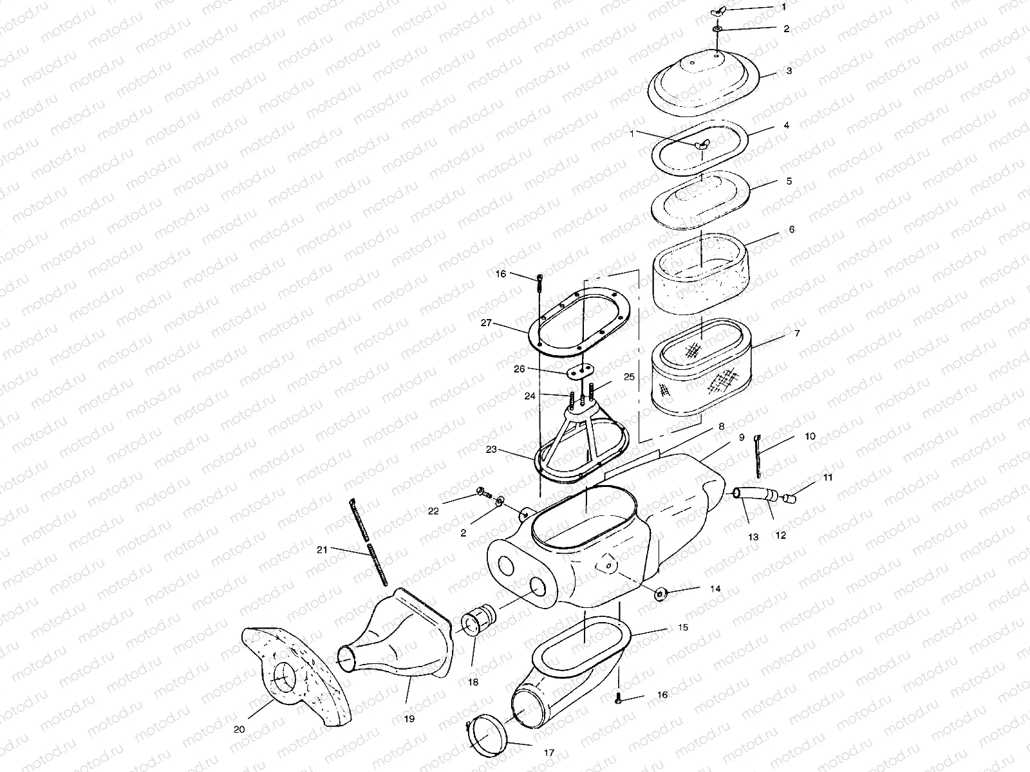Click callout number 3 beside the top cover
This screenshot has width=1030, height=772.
(x=789, y=70)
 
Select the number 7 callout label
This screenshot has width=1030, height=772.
(x=798, y=334)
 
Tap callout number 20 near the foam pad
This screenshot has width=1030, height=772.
(x=239, y=729)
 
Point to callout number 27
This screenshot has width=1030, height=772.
(x=487, y=324)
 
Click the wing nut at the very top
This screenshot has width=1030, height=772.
(x=718, y=12)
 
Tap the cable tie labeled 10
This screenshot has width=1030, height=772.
(x=759, y=457)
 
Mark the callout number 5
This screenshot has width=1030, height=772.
(x=789, y=181)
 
